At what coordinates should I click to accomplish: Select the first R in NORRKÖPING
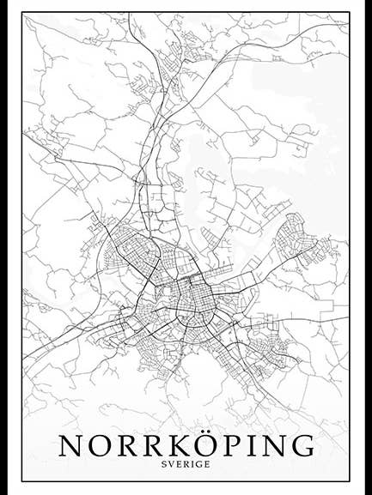point(127,445)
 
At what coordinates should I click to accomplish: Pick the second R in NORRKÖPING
point(154,445)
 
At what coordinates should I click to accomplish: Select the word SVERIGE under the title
point(186,464)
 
